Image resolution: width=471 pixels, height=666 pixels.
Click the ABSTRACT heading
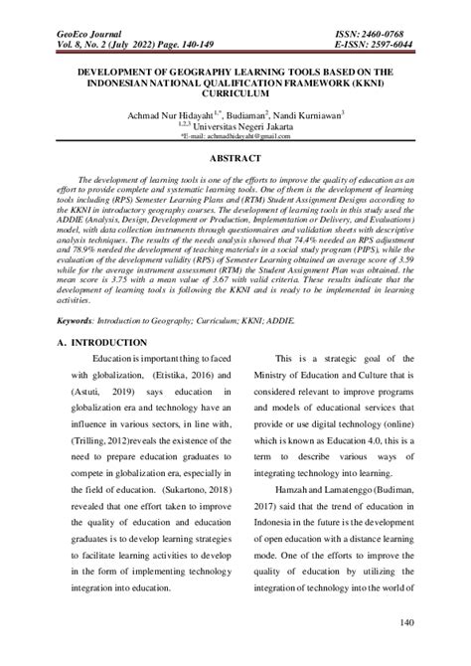235,159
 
